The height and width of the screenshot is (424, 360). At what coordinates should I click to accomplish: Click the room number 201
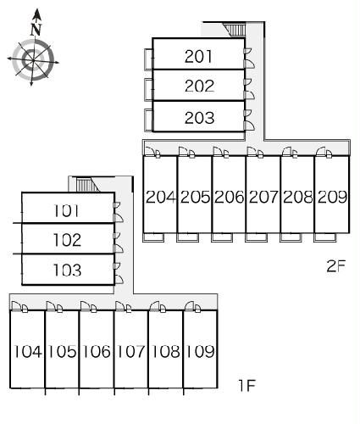[198, 56]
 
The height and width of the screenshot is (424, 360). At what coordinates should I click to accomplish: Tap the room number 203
[199, 118]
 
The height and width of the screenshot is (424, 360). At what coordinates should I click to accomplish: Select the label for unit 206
[229, 197]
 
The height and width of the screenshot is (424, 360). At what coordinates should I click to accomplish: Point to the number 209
[332, 197]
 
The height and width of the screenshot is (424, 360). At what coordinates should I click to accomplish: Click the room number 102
[67, 240]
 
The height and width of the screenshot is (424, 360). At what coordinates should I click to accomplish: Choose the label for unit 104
[28, 351]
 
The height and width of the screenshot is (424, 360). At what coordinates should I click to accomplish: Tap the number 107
[130, 351]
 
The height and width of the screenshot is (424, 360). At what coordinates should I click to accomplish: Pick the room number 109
[200, 351]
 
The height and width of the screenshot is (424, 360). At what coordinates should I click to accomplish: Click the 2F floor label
[336, 265]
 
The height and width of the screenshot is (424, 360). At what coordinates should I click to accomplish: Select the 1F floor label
[247, 385]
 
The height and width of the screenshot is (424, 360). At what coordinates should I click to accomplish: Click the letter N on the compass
[36, 29]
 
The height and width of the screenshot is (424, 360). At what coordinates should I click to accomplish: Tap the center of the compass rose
[33, 60]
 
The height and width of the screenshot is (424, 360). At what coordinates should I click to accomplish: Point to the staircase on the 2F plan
[235, 30]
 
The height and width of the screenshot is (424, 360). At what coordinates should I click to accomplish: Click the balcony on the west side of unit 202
[148, 90]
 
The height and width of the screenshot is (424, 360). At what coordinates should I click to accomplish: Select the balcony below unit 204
[153, 237]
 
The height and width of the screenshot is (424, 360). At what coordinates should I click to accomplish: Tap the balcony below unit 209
[325, 237]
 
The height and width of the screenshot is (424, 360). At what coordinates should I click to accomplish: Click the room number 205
[195, 197]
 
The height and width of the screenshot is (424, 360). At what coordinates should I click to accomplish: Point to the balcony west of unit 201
[148, 59]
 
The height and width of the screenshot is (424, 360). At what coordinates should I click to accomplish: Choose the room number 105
[62, 351]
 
